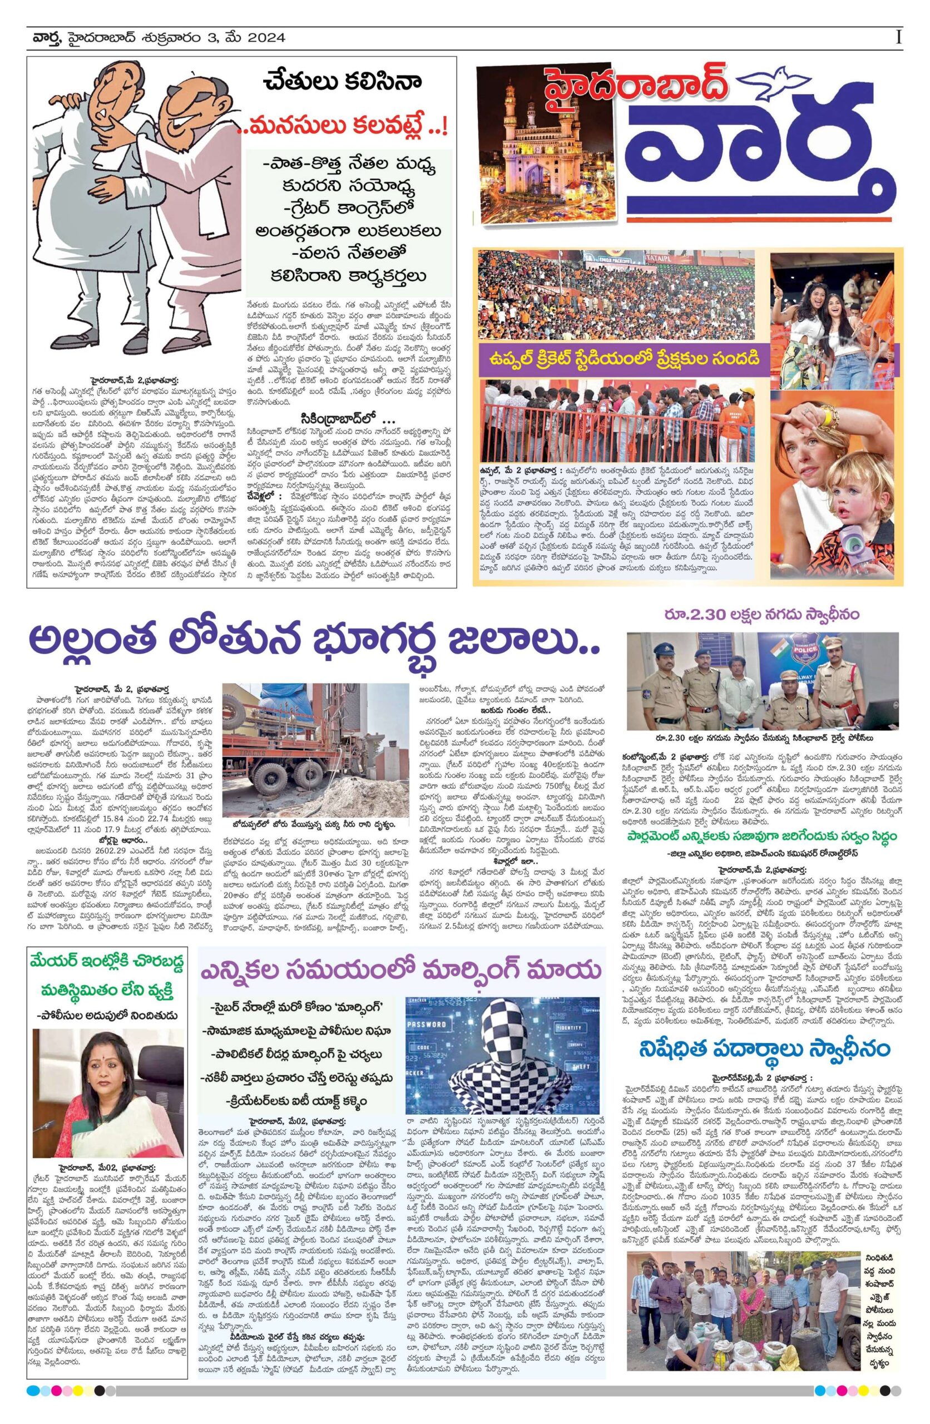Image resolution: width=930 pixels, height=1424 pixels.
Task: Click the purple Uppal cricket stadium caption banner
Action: tap(622, 359)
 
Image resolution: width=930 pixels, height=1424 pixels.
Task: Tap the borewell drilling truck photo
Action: tap(310, 749)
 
